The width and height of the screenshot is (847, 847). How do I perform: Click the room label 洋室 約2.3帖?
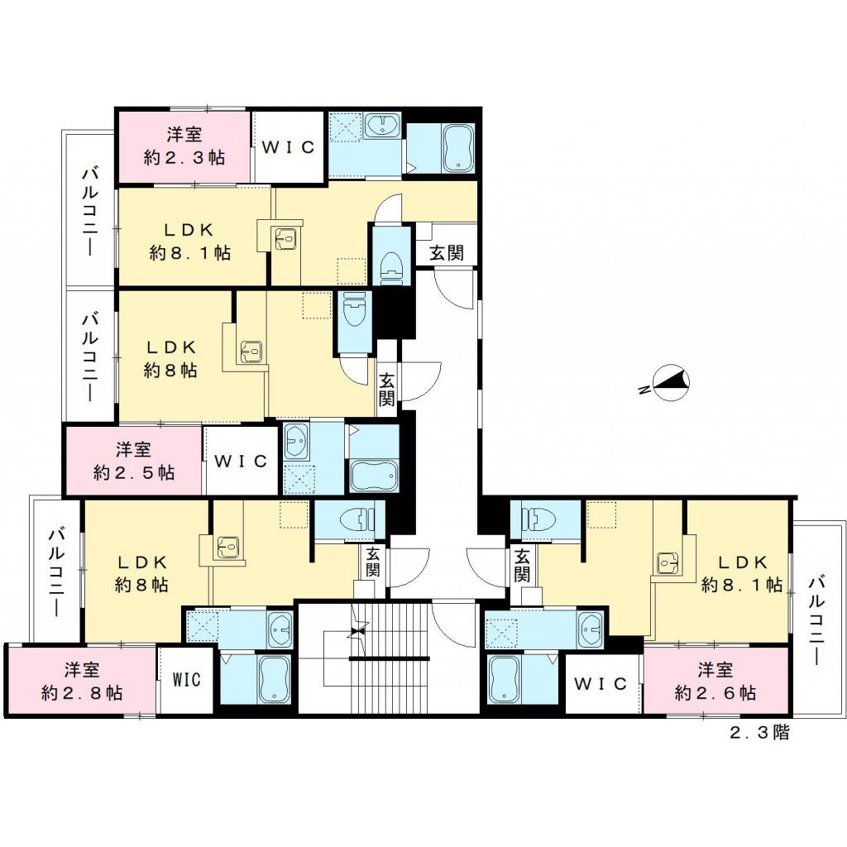pyautogui.click(x=184, y=146)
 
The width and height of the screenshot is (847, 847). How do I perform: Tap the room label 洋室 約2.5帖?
pyautogui.click(x=133, y=461)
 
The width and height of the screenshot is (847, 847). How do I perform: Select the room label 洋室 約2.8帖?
pyautogui.click(x=81, y=681)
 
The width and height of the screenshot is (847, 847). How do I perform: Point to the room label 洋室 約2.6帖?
pyautogui.click(x=715, y=681)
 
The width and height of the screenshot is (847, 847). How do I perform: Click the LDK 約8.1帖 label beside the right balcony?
pyautogui.click(x=741, y=573)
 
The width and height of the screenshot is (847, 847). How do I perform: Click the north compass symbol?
pyautogui.click(x=670, y=382)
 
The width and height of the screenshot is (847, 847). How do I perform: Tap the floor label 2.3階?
pyautogui.click(x=758, y=733)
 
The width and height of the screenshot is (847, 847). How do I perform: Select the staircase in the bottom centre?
pyautogui.click(x=389, y=658)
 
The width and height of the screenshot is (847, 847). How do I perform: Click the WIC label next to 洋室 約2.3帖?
pyautogui.click(x=288, y=147)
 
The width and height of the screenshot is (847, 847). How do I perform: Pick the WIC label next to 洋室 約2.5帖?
pyautogui.click(x=241, y=461)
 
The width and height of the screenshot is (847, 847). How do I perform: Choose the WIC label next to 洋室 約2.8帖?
pyautogui.click(x=187, y=681)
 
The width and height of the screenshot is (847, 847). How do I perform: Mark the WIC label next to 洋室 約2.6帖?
pyautogui.click(x=603, y=684)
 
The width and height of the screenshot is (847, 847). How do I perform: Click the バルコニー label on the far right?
pyautogui.click(x=817, y=620)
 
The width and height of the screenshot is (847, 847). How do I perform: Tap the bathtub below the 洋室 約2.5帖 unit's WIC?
pyautogui.click(x=374, y=476)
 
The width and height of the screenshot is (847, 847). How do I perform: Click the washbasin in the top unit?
pyautogui.click(x=383, y=127)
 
